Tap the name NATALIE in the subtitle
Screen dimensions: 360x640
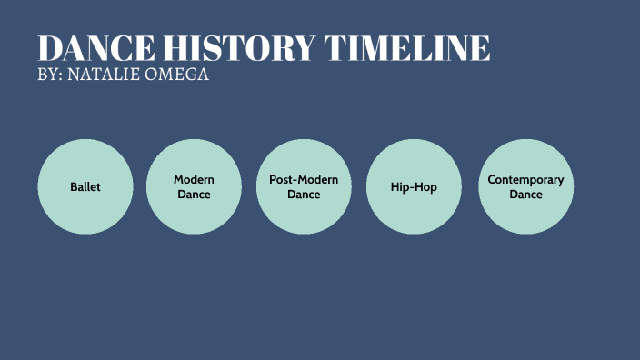(x=105, y=75)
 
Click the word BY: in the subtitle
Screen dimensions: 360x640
(x=51, y=75)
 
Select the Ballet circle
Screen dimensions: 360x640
(x=85, y=186)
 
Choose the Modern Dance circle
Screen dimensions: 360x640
(x=194, y=186)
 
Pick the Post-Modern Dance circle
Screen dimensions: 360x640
(x=304, y=186)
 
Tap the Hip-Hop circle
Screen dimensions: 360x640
(x=414, y=186)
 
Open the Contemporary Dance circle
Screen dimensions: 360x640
(x=525, y=186)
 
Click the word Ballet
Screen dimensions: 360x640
(x=85, y=187)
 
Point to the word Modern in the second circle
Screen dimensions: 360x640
(x=194, y=180)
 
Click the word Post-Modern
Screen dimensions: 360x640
(x=304, y=180)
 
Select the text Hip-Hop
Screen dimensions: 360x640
(x=414, y=187)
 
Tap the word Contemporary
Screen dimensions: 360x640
(x=525, y=180)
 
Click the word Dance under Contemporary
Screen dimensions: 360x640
(x=525, y=195)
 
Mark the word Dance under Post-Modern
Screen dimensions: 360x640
(x=304, y=195)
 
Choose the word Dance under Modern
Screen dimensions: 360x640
(x=194, y=195)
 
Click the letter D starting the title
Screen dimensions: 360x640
(x=50, y=48)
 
